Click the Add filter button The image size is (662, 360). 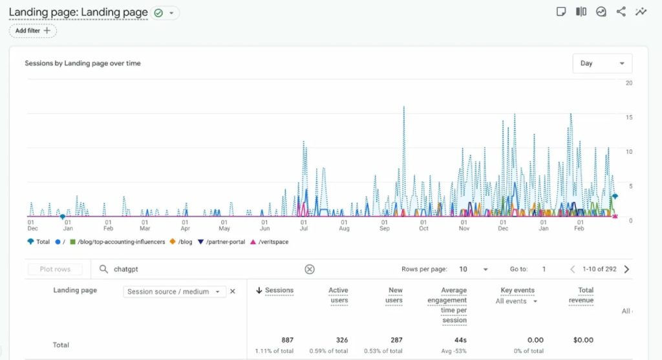pos(33,30)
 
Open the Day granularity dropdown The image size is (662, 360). pos(602,63)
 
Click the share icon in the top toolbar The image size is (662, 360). pos(621,12)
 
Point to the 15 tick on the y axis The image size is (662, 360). pos(628,117)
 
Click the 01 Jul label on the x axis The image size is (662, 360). pos(303,225)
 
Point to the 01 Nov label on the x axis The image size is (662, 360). pos(464,225)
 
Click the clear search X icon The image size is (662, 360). pos(310,270)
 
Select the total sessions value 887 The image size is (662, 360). pos(287,340)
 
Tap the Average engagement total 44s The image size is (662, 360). pos(460,340)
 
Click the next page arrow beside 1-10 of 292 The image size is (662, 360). pos(626,270)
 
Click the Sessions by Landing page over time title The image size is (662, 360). pos(83,63)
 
